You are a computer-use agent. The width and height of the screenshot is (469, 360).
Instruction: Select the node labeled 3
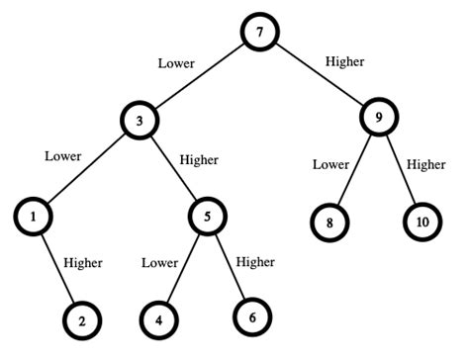(x=141, y=122)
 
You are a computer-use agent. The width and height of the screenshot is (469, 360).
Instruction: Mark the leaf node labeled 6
(x=253, y=316)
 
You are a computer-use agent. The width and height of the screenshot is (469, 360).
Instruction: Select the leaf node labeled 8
(x=330, y=221)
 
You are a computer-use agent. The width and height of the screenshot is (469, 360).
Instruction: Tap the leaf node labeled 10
(x=423, y=221)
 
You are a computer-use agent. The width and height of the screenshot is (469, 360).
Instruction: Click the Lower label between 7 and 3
(x=176, y=64)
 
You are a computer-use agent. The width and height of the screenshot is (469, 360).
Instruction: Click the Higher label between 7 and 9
(x=345, y=61)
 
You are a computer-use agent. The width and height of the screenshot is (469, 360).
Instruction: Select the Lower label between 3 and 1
(x=63, y=155)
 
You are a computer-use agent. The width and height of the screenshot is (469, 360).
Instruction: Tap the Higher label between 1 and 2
(x=83, y=263)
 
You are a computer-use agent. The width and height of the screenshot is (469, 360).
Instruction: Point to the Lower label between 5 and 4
(x=159, y=263)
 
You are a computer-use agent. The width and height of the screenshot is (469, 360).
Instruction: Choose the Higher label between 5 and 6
(x=254, y=261)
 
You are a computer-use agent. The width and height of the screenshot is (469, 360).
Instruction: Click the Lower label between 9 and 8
(x=330, y=163)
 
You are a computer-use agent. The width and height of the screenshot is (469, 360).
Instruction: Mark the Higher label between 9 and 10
(x=426, y=163)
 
